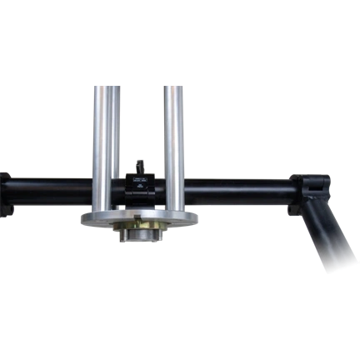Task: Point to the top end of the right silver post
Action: [x=174, y=83]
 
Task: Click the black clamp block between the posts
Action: [x=139, y=187]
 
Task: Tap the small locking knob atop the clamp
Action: [x=139, y=166]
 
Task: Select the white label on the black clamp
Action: [x=137, y=177]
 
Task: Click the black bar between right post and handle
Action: [x=237, y=190]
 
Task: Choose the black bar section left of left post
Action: [x=50, y=192]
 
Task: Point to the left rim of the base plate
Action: [x=86, y=218]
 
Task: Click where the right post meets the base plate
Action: [x=174, y=210]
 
